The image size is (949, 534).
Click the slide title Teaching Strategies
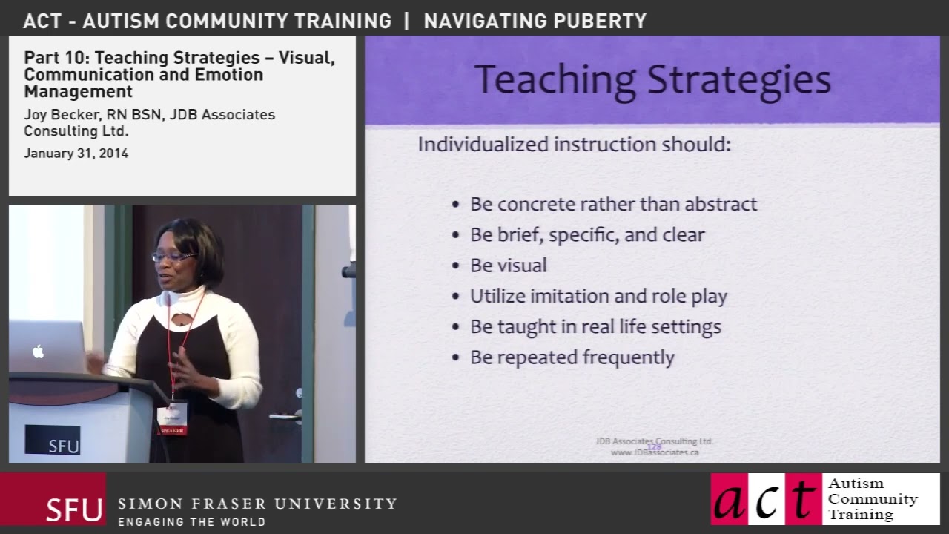652,80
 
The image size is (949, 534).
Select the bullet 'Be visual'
508,266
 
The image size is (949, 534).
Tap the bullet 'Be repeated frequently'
572,357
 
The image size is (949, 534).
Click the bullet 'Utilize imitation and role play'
598,296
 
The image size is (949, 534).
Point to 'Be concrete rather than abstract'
613,204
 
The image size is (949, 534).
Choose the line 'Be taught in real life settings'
595,326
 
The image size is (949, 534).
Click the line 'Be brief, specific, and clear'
587,235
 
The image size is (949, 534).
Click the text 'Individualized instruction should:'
574,144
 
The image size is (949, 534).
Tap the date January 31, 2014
76,154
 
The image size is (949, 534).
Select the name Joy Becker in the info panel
55,115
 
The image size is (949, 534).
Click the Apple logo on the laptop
38,351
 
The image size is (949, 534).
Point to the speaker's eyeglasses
173,257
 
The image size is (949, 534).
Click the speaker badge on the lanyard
172,418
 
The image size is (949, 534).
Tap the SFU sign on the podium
53,440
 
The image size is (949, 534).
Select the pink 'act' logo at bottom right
766,499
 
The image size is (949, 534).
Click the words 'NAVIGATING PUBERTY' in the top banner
535,21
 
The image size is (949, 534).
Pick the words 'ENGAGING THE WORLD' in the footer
191,522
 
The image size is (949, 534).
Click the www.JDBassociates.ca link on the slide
655,452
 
